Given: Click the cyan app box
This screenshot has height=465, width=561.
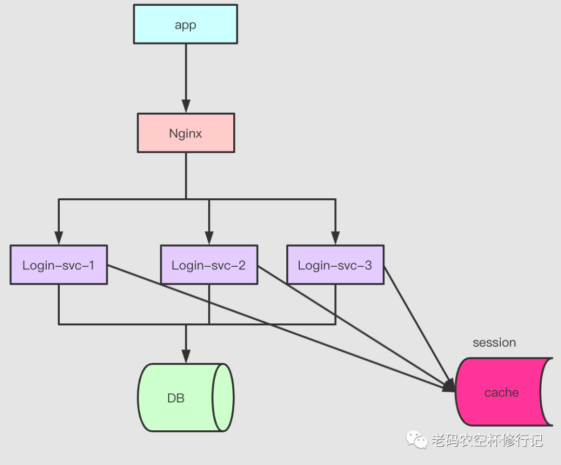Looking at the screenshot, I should [185, 24].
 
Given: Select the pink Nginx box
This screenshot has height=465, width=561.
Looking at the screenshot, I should [185, 133].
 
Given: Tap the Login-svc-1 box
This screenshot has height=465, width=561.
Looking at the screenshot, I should [59, 265].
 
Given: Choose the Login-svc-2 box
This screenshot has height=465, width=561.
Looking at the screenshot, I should [209, 265].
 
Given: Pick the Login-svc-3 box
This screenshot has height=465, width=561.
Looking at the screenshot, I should [335, 265].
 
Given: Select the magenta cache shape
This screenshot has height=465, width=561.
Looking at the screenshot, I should [502, 392].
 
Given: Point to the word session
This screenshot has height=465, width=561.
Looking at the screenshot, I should [494, 343].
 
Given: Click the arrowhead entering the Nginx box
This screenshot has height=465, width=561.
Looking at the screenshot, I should [185, 106].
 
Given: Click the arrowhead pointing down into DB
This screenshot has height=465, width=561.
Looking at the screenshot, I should [185, 356].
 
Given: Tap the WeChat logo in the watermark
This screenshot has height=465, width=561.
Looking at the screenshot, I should [417, 441].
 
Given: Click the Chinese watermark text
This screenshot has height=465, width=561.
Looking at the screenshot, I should [487, 441].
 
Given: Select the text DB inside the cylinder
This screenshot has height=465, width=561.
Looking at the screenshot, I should [176, 399].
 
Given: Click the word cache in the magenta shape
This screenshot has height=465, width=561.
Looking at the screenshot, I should [501, 393].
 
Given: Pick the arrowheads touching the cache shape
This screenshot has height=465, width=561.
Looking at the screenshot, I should [449, 387].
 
